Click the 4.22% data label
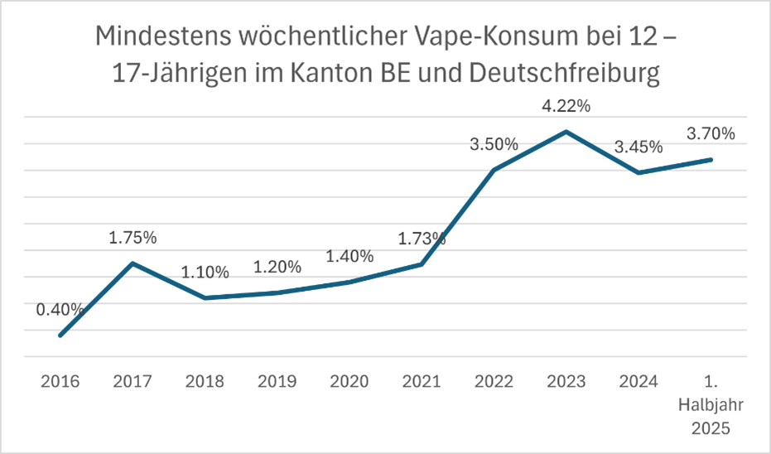(566, 106)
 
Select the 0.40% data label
(60, 309)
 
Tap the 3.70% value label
(711, 134)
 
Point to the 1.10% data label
(205, 273)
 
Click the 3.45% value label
(638, 147)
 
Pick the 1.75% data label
(133, 238)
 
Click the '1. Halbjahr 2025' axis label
(711, 407)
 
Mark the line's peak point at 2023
(566, 131)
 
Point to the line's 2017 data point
(133, 263)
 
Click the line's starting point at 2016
(60, 336)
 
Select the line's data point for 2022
(494, 170)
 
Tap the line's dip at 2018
(205, 298)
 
